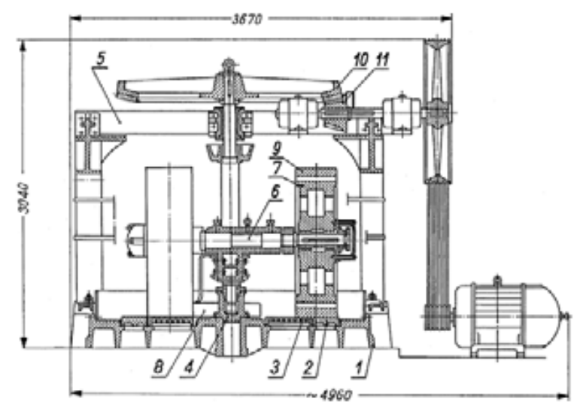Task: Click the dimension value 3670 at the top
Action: click(247, 19)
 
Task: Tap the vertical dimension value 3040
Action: click(25, 198)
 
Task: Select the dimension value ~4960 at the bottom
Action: click(329, 394)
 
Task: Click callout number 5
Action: click(101, 59)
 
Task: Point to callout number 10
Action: click(361, 59)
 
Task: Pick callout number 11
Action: click(382, 59)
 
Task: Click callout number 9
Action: click(277, 149)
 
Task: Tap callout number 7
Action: click(276, 168)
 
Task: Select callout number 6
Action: click(275, 192)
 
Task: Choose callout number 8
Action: click(159, 367)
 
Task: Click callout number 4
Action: click(189, 367)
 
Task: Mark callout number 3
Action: click(275, 367)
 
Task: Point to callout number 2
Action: click(308, 368)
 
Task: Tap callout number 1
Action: click(359, 368)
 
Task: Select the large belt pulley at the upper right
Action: click(438, 111)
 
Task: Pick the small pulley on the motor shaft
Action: click(438, 317)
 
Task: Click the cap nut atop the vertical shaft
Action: click(229, 63)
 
